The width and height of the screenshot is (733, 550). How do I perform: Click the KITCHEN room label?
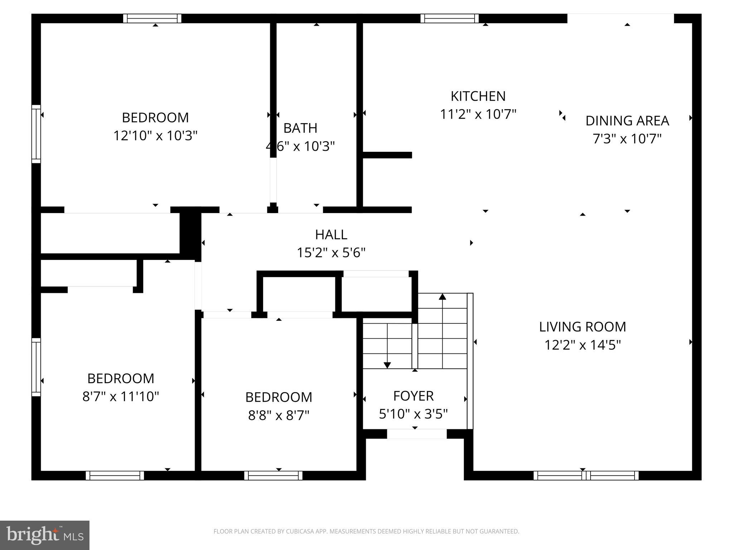478,96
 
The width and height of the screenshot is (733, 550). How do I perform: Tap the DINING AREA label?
627,121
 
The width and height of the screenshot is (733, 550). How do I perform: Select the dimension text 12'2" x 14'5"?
582,345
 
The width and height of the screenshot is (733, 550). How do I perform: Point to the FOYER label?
413,396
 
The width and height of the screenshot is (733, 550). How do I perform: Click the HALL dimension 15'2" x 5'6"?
331,253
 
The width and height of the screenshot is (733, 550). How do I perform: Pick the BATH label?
300,128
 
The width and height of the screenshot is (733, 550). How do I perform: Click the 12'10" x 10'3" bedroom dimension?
155,136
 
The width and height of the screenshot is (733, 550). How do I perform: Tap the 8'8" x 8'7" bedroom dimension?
278,415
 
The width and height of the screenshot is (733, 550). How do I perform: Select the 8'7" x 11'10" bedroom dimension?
121,396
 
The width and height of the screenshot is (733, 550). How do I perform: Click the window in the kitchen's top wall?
450,18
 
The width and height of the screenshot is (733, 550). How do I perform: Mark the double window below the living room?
586,476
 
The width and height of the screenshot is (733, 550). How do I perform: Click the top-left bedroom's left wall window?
36,134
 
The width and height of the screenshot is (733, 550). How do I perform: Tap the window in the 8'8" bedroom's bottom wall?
273,476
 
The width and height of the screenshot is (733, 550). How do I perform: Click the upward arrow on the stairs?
442,296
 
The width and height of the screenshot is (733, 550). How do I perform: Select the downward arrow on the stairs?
387,365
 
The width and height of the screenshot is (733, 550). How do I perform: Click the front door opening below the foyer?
417,434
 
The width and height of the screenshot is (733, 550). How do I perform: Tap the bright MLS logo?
45,535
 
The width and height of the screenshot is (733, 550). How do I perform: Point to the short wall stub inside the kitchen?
387,155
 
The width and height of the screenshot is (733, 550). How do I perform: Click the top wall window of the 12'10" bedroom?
152,18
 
